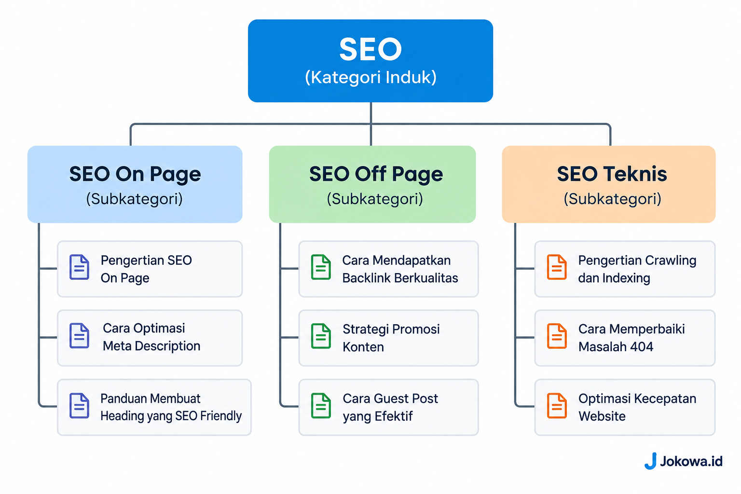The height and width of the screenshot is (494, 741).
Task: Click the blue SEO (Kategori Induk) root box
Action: (x=370, y=61)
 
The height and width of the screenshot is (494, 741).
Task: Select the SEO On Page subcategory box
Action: (x=135, y=184)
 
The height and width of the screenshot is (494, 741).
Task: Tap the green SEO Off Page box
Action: (x=372, y=184)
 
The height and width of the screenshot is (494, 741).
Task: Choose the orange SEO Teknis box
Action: (x=609, y=184)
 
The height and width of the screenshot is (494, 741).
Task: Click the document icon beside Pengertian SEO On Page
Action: (x=80, y=267)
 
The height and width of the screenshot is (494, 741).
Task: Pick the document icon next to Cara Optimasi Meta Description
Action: (x=80, y=336)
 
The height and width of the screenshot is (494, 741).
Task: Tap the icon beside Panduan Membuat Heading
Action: (x=80, y=406)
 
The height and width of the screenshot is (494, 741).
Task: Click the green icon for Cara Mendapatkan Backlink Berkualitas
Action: (x=321, y=267)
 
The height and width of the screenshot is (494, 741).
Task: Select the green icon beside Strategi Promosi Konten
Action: (x=321, y=336)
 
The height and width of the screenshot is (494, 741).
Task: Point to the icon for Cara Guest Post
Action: (x=321, y=406)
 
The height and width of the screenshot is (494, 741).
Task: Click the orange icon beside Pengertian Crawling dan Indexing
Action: (x=557, y=267)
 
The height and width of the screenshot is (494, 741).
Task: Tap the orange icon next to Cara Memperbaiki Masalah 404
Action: (x=557, y=336)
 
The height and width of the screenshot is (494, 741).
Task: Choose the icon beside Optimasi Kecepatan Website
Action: (x=557, y=406)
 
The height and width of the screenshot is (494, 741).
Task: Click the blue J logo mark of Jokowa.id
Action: (x=651, y=461)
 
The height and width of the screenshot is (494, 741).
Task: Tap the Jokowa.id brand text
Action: (x=691, y=461)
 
